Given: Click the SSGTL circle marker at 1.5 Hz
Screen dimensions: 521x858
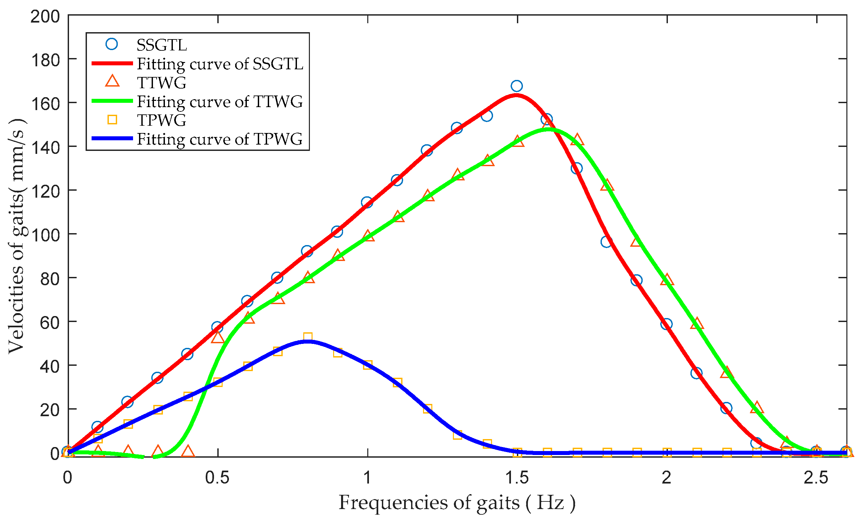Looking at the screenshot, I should tap(517, 86).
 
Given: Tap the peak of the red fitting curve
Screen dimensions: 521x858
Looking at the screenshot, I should tap(516, 95).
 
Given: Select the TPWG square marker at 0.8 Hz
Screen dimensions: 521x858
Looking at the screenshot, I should tap(308, 337).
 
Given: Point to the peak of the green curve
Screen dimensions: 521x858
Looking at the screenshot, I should tap(548, 129).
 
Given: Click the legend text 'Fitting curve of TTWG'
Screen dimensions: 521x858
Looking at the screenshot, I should tap(220, 101).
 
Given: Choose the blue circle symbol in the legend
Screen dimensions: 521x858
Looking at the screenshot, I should tap(112, 44).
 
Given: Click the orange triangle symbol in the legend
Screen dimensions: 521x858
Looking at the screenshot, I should tap(112, 82).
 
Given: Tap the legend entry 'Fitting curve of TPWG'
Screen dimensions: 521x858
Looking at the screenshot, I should tap(220, 139).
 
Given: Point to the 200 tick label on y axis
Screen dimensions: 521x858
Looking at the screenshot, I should tap(45, 17).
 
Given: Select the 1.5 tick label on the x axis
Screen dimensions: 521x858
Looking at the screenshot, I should tap(517, 478).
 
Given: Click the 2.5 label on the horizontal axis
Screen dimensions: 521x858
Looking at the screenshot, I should tap(816, 478).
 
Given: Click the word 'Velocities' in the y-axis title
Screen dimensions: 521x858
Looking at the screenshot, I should tap(16, 310).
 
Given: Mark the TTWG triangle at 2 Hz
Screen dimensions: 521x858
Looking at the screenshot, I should tap(667, 280).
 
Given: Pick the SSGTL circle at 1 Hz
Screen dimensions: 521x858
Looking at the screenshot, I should tap(367, 202).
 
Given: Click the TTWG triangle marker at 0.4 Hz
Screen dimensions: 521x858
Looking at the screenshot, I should tap(188, 451).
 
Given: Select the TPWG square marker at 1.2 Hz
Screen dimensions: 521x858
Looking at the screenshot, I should tap(428, 409).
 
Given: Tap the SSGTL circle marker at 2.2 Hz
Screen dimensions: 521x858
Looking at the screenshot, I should tap(726, 408).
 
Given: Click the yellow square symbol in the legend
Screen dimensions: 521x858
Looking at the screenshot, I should tap(112, 120).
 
